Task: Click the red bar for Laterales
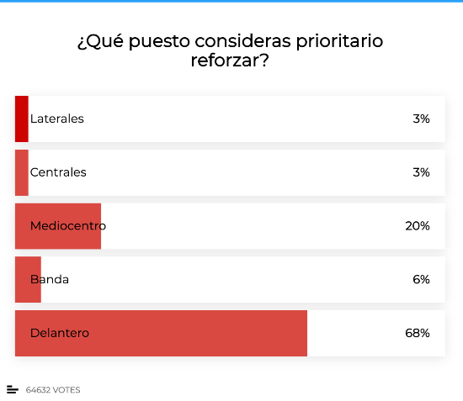(x=22, y=119)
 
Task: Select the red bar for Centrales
(x=22, y=172)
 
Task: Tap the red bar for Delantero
(x=161, y=333)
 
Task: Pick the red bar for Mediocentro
(x=58, y=226)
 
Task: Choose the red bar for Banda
(x=28, y=279)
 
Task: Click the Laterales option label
(x=57, y=119)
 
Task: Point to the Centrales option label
(x=58, y=172)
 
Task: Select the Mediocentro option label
(x=68, y=226)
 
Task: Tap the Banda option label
(x=50, y=279)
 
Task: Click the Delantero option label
(x=60, y=333)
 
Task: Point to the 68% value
(x=418, y=333)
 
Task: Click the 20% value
(x=418, y=226)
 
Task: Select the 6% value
(x=421, y=279)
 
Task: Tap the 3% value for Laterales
(x=421, y=119)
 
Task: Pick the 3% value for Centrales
(x=421, y=172)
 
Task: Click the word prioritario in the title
(x=339, y=41)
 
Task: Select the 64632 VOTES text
(x=53, y=390)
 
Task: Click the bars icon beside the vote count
(x=13, y=389)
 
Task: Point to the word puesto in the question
(x=159, y=41)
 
